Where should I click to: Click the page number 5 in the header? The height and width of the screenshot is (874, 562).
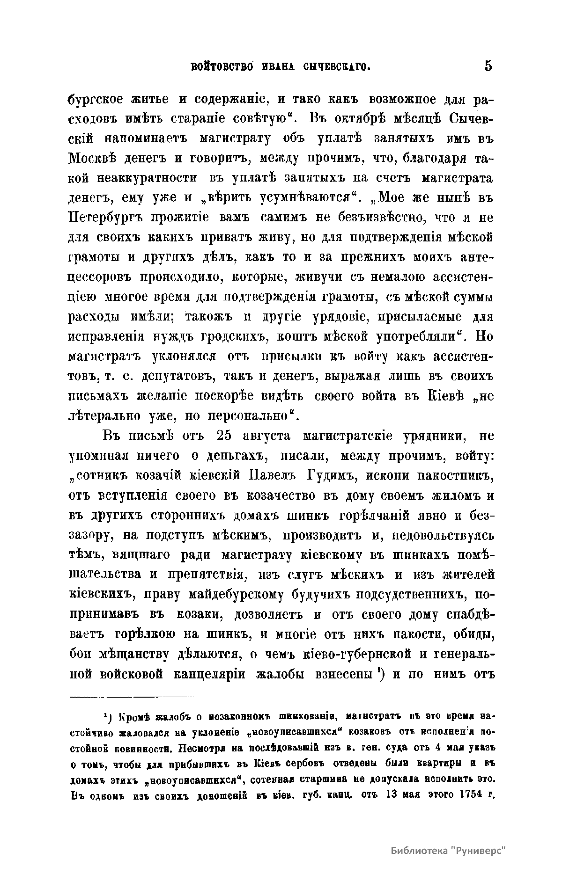(x=488, y=66)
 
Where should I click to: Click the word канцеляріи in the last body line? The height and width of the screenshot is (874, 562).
(x=212, y=674)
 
